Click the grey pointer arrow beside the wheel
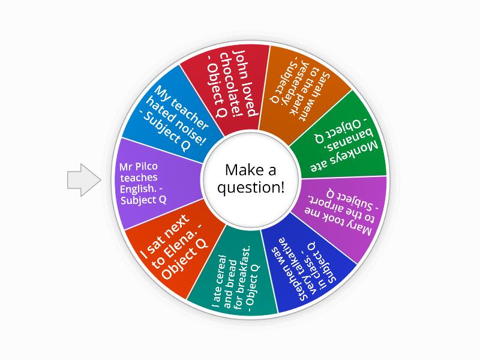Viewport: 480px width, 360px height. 84,179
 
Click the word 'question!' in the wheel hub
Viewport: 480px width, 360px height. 251,187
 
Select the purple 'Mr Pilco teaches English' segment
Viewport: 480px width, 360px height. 156,183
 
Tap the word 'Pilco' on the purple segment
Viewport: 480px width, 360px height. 146,167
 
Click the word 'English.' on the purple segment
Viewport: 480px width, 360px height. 139,189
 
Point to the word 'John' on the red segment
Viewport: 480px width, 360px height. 245,63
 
